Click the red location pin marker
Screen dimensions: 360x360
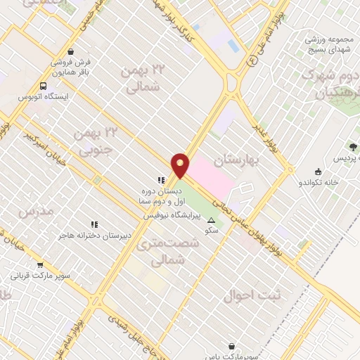[x=181, y=165]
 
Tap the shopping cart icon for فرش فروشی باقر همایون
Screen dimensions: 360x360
[x=71, y=51]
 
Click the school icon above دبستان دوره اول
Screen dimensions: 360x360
[x=161, y=179]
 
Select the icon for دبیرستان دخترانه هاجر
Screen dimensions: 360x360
[x=93, y=224]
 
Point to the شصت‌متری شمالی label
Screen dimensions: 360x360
[x=169, y=250]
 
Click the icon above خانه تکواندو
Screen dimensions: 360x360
[x=318, y=172]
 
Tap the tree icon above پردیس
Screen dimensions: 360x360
[x=352, y=148]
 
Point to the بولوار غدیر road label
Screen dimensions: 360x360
[x=269, y=132]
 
